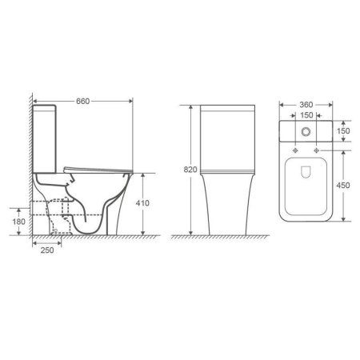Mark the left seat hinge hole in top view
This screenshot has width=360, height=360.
coord(294,149)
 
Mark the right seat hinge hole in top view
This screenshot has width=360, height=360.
coord(320,149)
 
